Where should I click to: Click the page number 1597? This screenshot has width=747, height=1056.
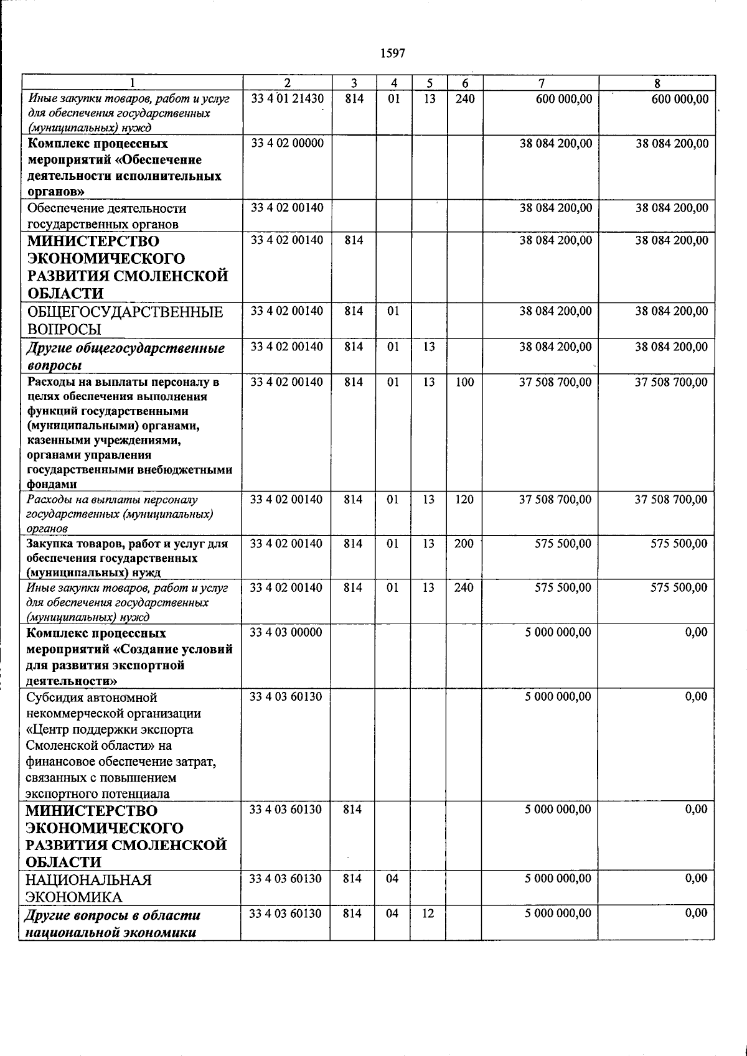tap(392, 54)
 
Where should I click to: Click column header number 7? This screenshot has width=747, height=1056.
tap(541, 83)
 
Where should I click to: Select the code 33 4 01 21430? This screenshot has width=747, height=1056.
tap(287, 98)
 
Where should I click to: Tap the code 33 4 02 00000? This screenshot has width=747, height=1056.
tap(287, 144)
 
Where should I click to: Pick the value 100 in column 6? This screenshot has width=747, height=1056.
tap(464, 382)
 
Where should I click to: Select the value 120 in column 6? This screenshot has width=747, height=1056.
tap(464, 500)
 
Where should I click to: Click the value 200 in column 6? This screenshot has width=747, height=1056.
tap(464, 544)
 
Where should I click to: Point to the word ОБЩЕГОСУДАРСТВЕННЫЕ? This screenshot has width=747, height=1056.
tap(125, 312)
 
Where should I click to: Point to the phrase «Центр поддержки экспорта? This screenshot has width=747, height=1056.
tap(110, 730)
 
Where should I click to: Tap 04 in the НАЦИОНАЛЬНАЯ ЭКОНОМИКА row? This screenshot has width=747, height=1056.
tap(392, 879)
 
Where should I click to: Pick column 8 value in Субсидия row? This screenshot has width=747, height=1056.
tap(696, 697)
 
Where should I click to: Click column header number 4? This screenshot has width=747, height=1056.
tap(393, 83)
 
